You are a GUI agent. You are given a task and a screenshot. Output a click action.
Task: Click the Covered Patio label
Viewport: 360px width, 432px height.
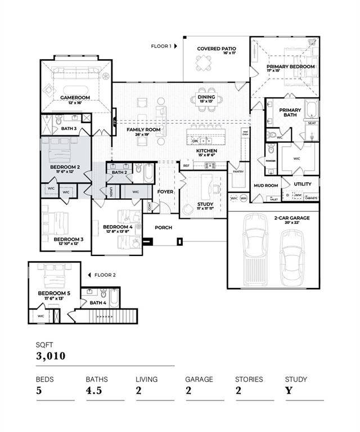tap(217, 49)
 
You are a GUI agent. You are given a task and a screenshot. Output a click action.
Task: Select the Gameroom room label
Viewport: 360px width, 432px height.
tap(75, 97)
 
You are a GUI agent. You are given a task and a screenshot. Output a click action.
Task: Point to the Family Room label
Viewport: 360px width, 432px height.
tap(143, 130)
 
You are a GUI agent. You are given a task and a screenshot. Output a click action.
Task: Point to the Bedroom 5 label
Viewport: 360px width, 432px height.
tap(53, 294)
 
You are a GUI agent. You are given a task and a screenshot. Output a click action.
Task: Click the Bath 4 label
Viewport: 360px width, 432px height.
tap(97, 303)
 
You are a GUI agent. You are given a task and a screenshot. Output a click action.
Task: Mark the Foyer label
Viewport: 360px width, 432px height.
tap(165, 192)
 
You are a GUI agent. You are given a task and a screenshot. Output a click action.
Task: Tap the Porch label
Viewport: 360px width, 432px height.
tap(164, 227)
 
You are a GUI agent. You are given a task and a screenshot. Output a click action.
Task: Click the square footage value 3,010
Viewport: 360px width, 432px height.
tap(51, 356)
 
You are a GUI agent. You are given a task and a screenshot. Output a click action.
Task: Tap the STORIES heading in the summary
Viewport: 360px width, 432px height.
tap(249, 379)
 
